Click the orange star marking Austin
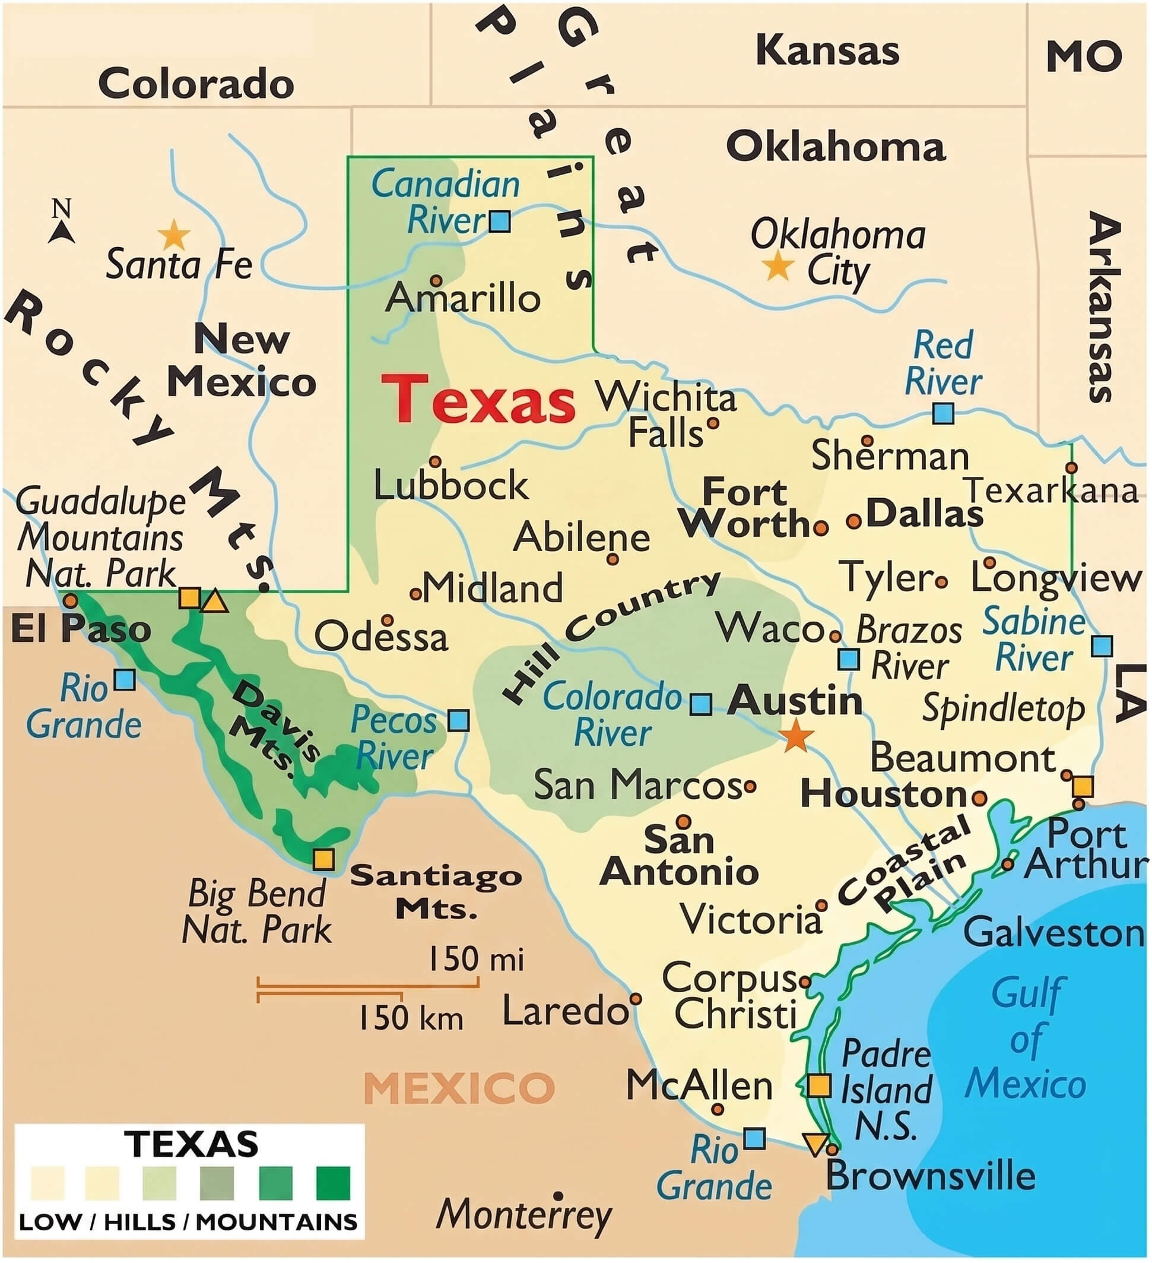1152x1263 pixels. (x=796, y=736)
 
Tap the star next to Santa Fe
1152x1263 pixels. (x=173, y=236)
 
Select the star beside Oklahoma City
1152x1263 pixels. (x=778, y=265)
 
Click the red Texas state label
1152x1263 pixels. (x=479, y=399)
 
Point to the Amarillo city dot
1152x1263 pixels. (x=436, y=280)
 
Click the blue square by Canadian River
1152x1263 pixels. (x=500, y=221)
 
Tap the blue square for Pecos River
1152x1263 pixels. (x=459, y=720)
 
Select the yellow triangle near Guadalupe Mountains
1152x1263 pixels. (x=215, y=601)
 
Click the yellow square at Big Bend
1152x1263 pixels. (x=323, y=859)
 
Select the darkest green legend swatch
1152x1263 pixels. (x=333, y=1183)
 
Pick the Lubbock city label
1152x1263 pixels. (x=451, y=485)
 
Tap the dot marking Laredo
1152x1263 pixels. (x=636, y=999)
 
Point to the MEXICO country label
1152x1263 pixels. (x=459, y=1088)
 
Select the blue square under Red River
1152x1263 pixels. (x=944, y=413)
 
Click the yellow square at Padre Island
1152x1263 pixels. (x=819, y=1085)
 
